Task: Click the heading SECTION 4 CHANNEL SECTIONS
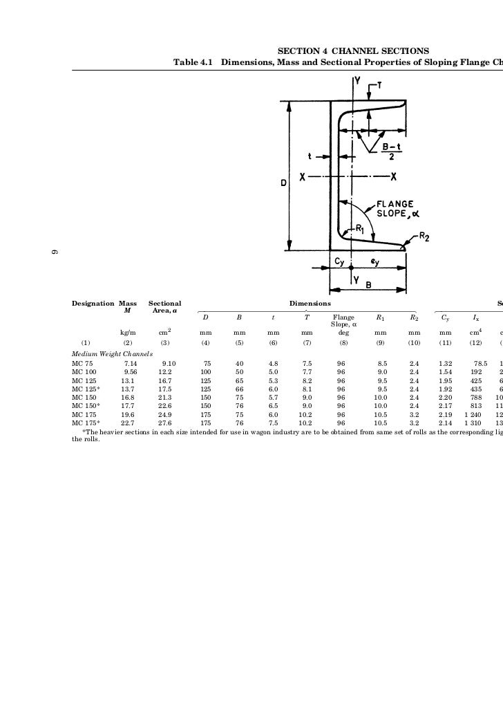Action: (x=353, y=51)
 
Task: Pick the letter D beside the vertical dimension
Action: (x=283, y=183)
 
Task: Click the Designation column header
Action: (x=93, y=304)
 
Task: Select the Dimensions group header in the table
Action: (x=310, y=304)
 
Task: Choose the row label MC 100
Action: (x=84, y=371)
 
